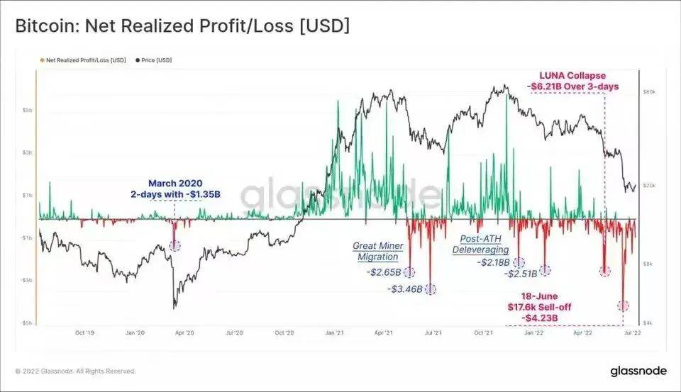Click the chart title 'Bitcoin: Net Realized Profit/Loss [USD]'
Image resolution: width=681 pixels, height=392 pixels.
(x=182, y=26)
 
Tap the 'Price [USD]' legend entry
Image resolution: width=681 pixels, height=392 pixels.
(x=155, y=60)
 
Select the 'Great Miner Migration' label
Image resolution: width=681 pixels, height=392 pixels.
(x=378, y=251)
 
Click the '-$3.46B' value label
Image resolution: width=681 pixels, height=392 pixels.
(x=405, y=289)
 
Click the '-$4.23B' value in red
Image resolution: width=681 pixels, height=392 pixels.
(x=539, y=318)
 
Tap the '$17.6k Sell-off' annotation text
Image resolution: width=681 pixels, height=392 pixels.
(x=539, y=307)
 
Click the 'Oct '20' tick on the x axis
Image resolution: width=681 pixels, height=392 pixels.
(x=284, y=332)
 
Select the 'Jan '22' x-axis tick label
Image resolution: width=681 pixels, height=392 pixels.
(x=534, y=332)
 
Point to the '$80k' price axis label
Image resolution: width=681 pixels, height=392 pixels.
(x=649, y=92)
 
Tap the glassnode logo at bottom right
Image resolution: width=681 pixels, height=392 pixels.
(x=638, y=371)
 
